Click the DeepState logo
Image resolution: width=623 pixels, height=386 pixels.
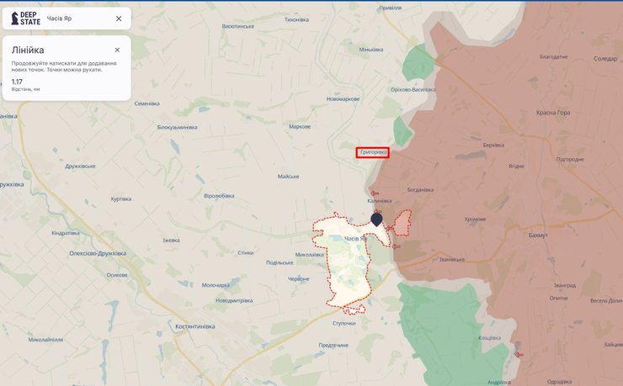click(x=26, y=19)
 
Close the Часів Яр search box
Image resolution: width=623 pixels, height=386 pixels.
click(x=119, y=19)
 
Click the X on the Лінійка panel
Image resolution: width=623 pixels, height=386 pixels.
click(x=117, y=50)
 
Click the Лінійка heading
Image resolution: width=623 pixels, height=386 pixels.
click(x=28, y=50)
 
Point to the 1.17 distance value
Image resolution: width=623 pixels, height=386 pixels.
click(x=17, y=81)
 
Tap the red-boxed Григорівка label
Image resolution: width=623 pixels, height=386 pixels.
click(x=372, y=152)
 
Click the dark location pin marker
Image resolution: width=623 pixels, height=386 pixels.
click(x=376, y=219)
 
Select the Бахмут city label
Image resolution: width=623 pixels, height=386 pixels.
click(x=537, y=235)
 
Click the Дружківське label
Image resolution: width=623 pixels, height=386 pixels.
click(x=81, y=166)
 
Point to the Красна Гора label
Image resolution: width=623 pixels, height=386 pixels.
click(x=553, y=113)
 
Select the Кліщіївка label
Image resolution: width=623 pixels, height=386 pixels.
click(x=490, y=337)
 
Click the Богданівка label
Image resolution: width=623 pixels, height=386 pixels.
click(x=420, y=189)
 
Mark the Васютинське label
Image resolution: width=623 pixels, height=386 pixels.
click(x=237, y=26)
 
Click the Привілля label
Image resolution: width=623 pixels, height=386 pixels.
click(x=390, y=8)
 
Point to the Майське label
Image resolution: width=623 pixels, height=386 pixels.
click(x=289, y=177)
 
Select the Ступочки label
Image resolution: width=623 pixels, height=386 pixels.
click(x=344, y=323)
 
